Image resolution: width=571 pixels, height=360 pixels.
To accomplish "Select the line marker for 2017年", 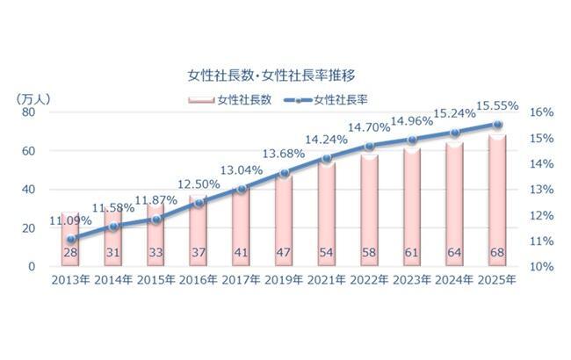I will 242,189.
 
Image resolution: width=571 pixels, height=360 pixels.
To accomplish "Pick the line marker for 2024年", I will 455,133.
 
